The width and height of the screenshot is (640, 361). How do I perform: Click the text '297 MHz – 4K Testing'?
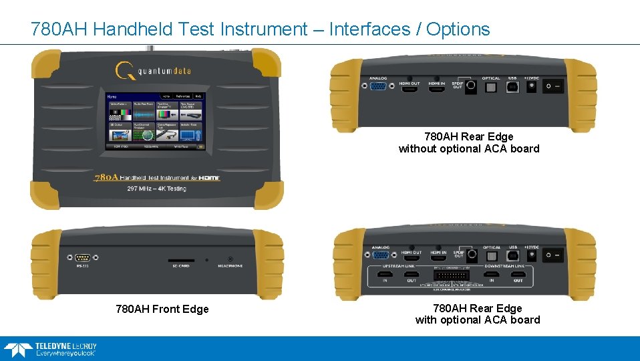coord(156,189)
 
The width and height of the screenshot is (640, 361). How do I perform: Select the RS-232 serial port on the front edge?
coord(83,257)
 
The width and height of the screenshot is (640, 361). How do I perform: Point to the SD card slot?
coord(180,260)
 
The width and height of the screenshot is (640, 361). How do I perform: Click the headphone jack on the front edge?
coord(230,259)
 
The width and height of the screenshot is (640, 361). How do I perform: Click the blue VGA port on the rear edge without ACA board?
coord(379,87)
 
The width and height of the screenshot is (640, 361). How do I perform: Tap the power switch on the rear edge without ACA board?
coord(552,86)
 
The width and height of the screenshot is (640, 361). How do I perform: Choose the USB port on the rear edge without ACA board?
coord(512,87)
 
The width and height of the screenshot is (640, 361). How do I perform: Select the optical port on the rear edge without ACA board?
coord(491,87)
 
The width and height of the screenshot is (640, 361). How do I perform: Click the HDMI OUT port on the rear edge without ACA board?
coord(410,88)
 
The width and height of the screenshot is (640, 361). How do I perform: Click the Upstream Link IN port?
coord(385,274)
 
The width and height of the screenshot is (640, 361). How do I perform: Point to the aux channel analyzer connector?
coord(451,274)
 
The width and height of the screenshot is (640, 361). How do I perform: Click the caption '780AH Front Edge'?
coord(162,310)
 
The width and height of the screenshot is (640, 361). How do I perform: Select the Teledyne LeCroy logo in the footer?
coord(50,349)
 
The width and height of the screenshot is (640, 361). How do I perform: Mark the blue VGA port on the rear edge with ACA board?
coord(380,255)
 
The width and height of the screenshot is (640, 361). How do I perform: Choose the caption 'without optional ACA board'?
coord(468,149)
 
